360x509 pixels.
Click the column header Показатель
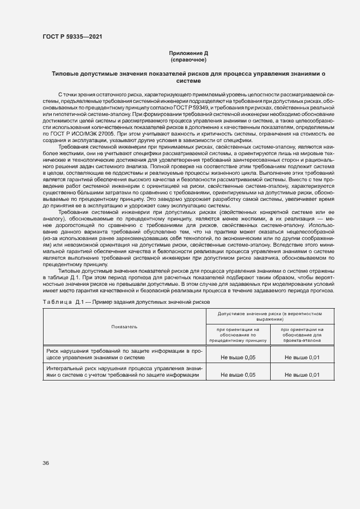click(125, 327)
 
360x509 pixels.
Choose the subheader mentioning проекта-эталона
click(302, 334)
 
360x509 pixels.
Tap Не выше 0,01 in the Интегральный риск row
click(302, 375)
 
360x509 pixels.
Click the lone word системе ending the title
click(188, 81)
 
